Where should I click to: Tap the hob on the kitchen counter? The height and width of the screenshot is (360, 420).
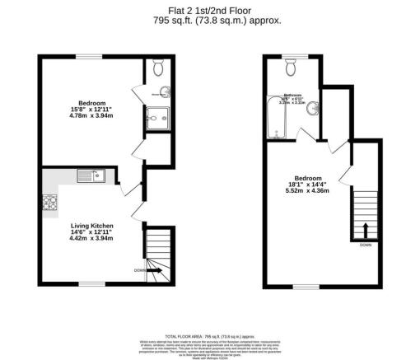point(48,201)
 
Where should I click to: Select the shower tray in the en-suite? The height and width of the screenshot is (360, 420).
point(156,119)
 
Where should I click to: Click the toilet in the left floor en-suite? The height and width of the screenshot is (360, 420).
point(156,68)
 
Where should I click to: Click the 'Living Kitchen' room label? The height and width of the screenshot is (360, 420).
point(91,226)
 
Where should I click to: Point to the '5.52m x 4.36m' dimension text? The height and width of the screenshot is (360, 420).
point(308,191)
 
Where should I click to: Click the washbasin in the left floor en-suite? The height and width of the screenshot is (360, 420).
point(165,91)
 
